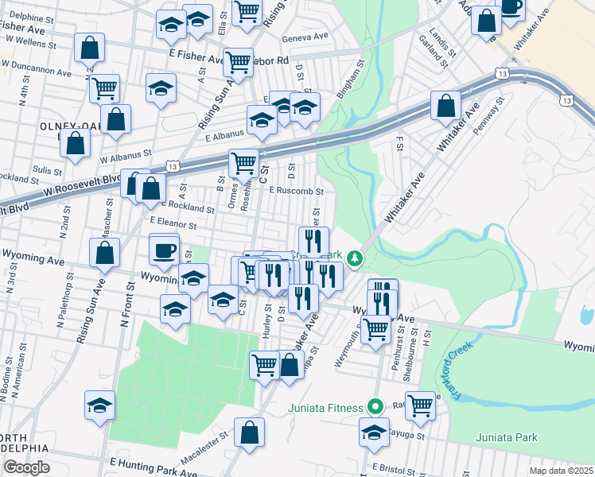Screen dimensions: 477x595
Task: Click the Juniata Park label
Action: coord(507,437)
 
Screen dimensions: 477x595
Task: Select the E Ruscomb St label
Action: coord(296,191)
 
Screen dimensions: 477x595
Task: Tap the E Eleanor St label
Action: coord(172,224)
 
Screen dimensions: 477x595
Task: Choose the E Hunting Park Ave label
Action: coord(153,467)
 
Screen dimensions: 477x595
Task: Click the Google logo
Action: coord(26,467)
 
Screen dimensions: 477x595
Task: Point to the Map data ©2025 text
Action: coord(560,471)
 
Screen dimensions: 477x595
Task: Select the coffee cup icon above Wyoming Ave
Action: coord(164,250)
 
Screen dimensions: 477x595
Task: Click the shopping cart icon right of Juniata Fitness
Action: coord(420,405)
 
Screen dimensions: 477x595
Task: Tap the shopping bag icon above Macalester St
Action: coord(250,432)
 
